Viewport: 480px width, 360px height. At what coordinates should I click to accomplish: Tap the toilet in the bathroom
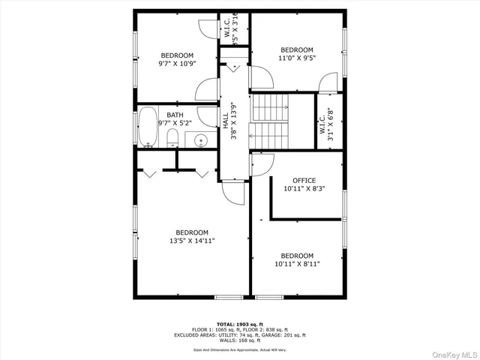[172, 137]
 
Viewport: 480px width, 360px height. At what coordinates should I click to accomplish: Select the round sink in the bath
[200, 139]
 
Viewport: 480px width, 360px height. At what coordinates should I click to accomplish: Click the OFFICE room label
[304, 181]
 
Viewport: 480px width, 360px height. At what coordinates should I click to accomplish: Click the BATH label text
[175, 115]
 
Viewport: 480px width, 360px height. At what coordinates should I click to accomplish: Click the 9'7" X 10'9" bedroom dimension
[177, 64]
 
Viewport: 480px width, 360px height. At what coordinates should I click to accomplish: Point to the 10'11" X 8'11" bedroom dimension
[297, 265]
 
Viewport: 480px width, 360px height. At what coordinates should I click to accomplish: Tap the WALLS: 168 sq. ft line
[239, 340]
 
